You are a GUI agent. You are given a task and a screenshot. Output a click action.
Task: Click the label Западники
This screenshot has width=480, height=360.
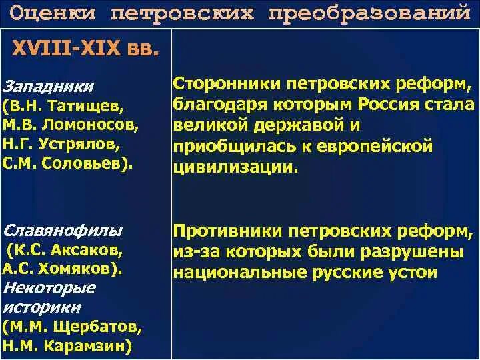[x=48, y=87]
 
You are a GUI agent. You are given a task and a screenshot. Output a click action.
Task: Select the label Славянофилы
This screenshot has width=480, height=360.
[x=63, y=231]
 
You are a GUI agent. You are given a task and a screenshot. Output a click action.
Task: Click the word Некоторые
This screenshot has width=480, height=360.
[x=49, y=288]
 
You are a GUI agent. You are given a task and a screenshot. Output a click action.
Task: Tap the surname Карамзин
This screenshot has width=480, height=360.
[x=91, y=346]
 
